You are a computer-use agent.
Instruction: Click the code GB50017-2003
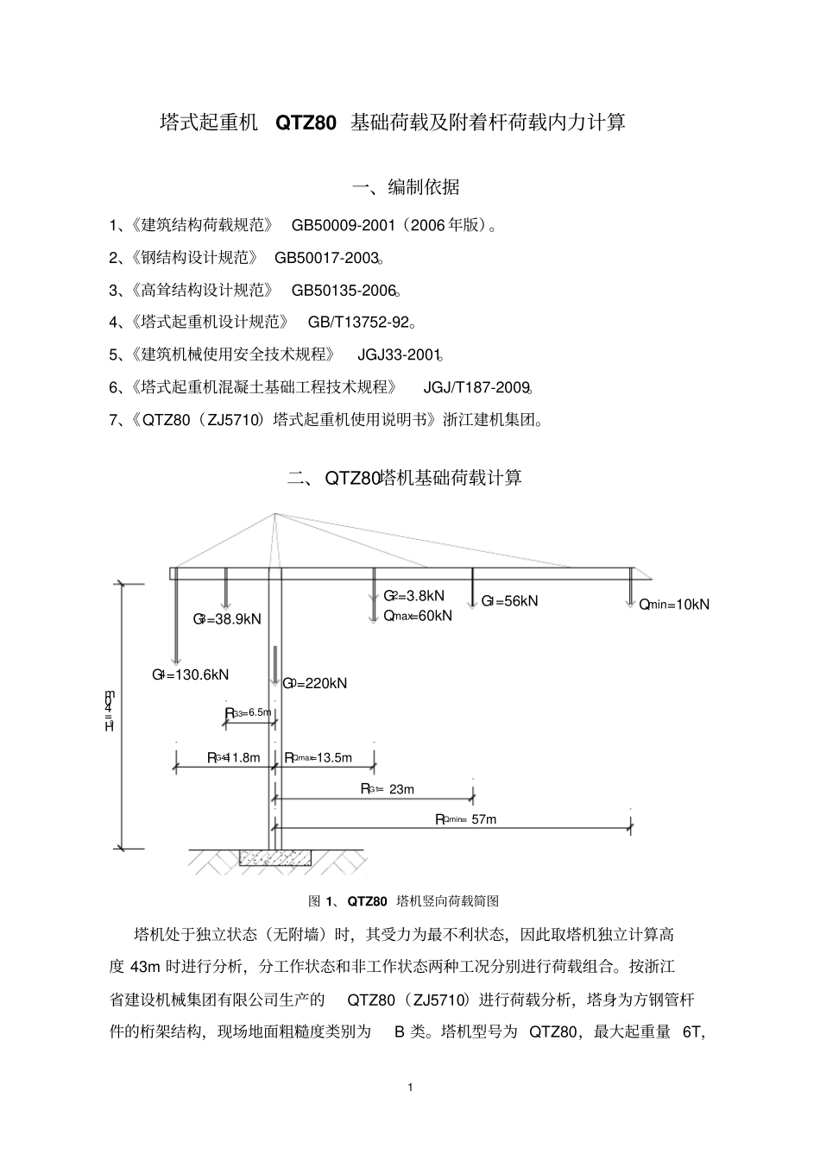pos(328,257)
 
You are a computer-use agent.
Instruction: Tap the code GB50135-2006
pos(344,290)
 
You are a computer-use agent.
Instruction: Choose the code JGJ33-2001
pos(399,354)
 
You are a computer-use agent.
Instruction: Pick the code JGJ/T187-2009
pos(476,387)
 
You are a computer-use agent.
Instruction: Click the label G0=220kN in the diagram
pos(315,683)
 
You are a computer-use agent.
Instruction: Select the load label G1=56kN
pos(509,601)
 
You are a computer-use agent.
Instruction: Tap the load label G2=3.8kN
pos(413,596)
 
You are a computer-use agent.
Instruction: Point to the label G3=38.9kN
pos(227,619)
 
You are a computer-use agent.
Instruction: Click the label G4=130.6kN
pos(191,674)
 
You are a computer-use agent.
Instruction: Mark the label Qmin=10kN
pos(674,605)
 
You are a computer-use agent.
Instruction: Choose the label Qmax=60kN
pos(418,616)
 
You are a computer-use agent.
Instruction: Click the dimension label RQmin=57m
pos(466,819)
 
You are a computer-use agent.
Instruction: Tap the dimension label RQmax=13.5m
pos(319,757)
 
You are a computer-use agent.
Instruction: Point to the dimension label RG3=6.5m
pos(249,712)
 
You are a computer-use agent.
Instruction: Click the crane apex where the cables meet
pos(274,514)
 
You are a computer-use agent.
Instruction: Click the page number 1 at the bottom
pos(410,1087)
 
